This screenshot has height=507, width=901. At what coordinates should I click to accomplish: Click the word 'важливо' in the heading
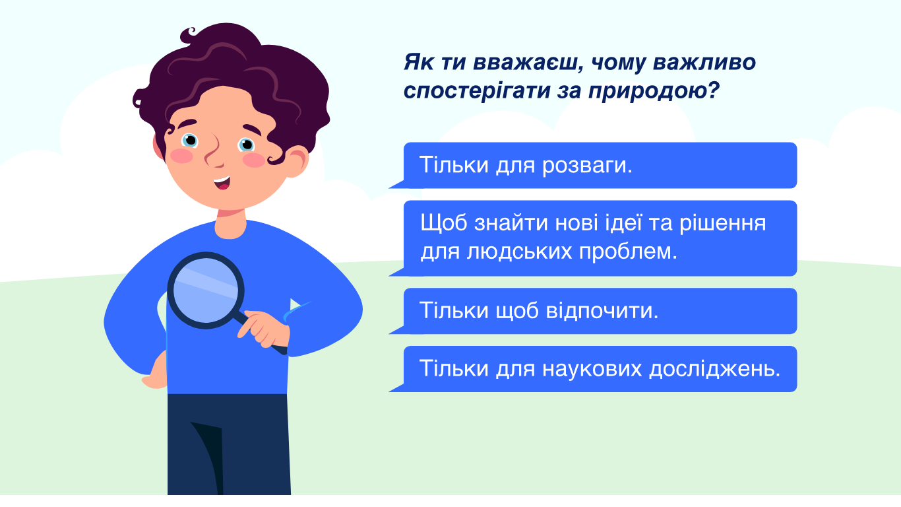point(704,63)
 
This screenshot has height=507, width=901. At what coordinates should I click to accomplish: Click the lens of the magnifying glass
point(206,290)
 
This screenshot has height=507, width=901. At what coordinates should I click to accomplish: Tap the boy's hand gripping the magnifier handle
point(264,327)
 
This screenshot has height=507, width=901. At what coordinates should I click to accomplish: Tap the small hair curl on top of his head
point(189,34)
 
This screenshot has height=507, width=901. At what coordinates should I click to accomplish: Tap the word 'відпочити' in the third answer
point(602,311)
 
